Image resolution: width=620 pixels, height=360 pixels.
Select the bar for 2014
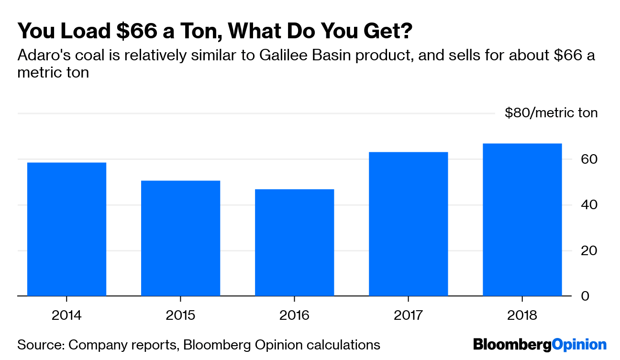(x=66, y=229)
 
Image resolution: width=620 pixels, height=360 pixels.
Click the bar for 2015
(x=180, y=238)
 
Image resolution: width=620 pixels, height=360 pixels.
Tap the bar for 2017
(x=408, y=224)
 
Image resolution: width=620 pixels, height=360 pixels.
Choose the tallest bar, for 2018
(x=522, y=220)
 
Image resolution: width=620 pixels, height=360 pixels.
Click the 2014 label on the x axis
(x=66, y=315)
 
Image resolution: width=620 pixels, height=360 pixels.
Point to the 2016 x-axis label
(x=294, y=315)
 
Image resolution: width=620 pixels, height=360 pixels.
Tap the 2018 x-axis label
(x=522, y=315)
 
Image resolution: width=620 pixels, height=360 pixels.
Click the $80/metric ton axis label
(x=551, y=113)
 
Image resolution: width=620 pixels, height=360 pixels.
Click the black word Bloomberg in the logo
(x=512, y=345)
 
